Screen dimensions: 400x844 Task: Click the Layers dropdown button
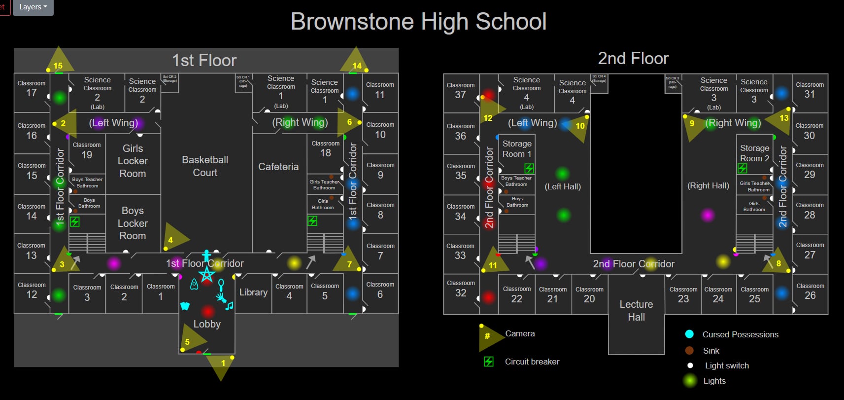tap(33, 7)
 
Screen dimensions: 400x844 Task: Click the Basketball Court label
tap(205, 166)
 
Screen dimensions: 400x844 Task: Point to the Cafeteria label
tap(278, 167)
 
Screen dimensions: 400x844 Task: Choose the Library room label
tap(253, 292)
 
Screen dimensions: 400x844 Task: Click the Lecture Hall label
tap(636, 311)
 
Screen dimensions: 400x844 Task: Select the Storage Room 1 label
tap(517, 148)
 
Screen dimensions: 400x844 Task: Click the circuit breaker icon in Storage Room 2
tap(742, 169)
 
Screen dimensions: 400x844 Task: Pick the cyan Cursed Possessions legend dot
tap(689, 334)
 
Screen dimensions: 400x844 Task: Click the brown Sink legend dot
tap(689, 351)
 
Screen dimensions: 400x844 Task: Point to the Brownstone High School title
tap(418, 22)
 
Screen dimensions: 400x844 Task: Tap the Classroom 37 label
tap(460, 90)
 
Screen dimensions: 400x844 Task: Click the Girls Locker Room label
tap(133, 161)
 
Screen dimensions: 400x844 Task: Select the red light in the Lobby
tap(207, 311)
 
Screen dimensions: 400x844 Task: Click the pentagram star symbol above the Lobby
tap(207, 274)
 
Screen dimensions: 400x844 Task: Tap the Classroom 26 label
tap(810, 291)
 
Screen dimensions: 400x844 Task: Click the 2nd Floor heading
tap(633, 59)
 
